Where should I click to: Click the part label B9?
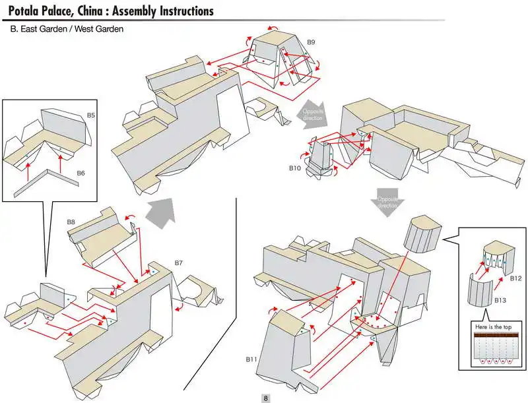pos(311,42)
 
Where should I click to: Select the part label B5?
pos(91,115)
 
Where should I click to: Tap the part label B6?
pos(81,173)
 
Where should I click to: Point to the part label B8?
pos(71,222)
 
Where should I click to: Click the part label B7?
pos(178,263)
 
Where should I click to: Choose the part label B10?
pos(294,168)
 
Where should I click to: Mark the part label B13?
pos(501,300)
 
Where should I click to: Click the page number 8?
pos(265,398)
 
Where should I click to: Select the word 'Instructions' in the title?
pos(180,11)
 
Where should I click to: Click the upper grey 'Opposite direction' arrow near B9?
pos(311,113)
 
